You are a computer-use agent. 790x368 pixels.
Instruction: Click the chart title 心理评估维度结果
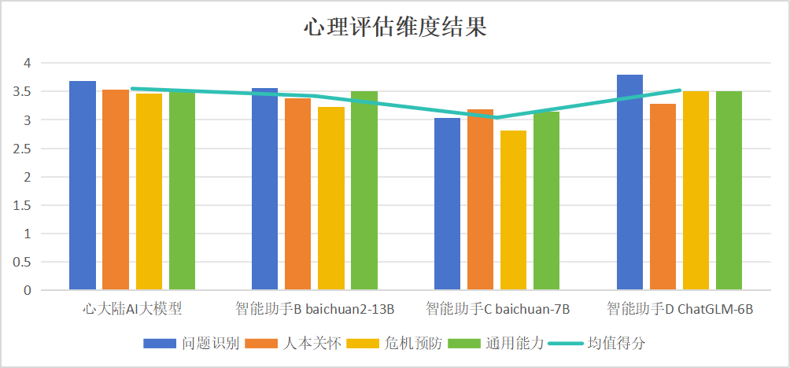point(395,28)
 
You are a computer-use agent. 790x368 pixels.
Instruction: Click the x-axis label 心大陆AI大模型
point(132,308)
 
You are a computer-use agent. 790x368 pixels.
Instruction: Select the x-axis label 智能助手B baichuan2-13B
point(315,308)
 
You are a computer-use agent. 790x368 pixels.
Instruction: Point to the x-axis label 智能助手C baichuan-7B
point(497,308)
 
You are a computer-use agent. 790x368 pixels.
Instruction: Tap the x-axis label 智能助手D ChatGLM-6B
point(680,308)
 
